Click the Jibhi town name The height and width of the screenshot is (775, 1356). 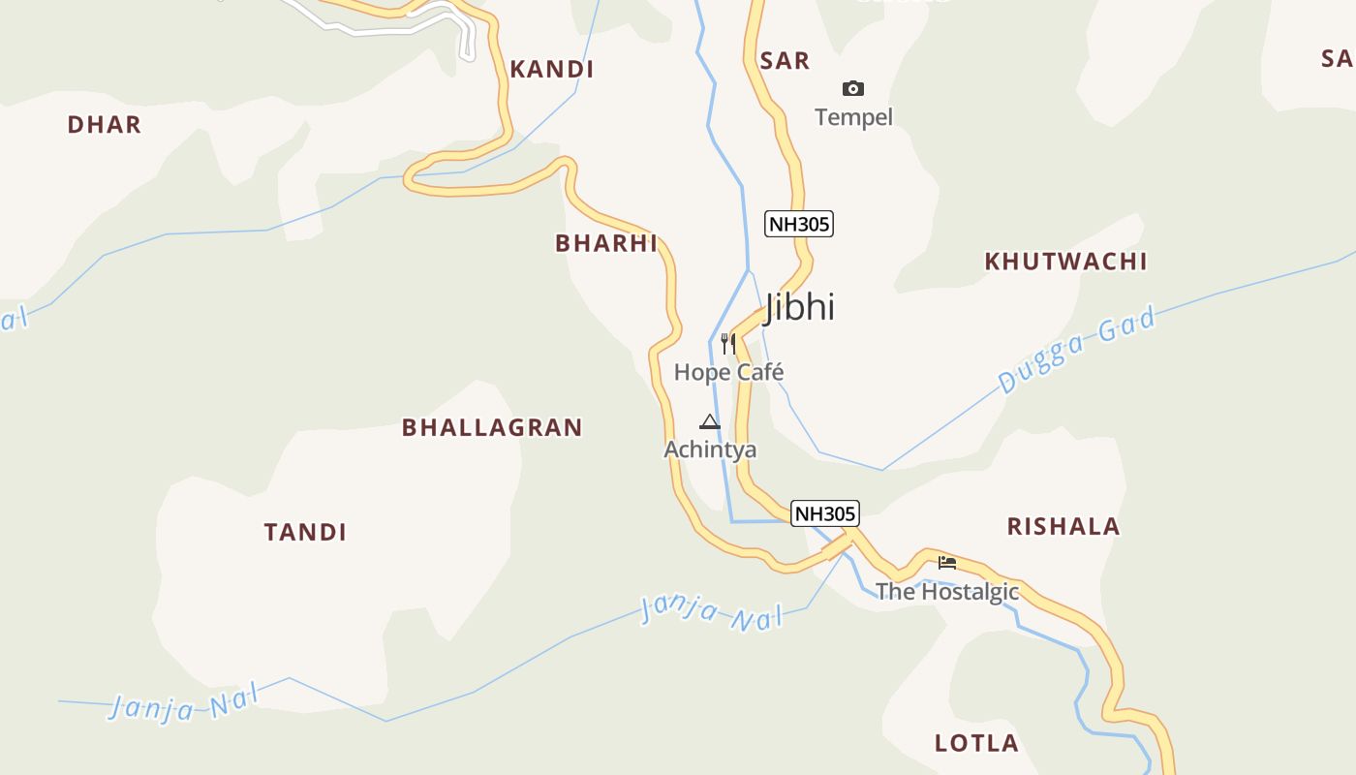[800, 307]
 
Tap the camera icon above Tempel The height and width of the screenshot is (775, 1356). [852, 89]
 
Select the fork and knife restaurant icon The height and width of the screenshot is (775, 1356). [728, 343]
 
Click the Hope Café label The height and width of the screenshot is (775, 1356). [728, 372]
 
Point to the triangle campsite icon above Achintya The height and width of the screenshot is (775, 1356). [710, 421]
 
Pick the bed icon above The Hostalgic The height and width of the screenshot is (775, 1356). [947, 562]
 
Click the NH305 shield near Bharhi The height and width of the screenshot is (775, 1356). [799, 225]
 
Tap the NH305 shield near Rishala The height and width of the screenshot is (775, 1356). [825, 513]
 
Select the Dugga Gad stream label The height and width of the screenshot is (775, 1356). [1077, 351]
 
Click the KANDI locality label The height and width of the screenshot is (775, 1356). [551, 70]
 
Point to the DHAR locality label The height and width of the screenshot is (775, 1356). [105, 125]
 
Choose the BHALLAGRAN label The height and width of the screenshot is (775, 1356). [492, 427]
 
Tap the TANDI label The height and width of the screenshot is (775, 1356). [305, 532]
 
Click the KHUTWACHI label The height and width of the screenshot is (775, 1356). [1065, 262]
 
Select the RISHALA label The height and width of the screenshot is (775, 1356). [1063, 527]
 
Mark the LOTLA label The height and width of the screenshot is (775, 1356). [976, 744]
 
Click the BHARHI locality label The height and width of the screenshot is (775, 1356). [606, 243]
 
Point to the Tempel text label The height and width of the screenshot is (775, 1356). [853, 117]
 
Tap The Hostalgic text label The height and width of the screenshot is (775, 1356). [947, 592]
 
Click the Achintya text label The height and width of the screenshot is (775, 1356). [710, 449]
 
